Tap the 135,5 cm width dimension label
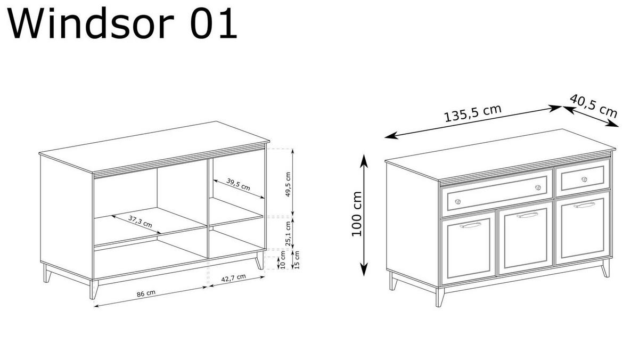point(473,113)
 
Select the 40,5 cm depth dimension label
point(593,105)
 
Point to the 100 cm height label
point(357,214)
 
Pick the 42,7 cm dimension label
point(234,277)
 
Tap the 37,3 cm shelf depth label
point(140,221)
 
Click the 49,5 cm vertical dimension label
point(288,184)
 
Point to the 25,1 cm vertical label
point(288,233)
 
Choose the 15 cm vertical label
point(297,259)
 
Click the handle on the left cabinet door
point(470,225)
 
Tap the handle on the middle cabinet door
point(527,215)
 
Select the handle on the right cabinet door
point(584,204)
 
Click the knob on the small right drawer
point(584,179)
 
